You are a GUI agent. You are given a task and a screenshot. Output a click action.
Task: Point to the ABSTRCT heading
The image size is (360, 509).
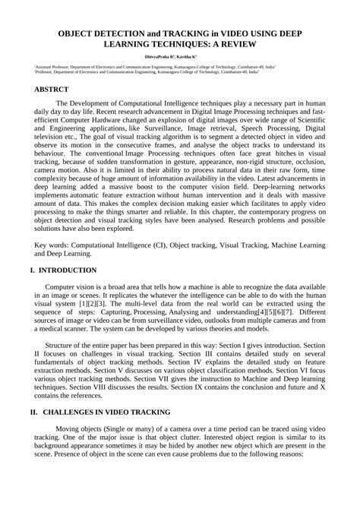pyautogui.click(x=55, y=89)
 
